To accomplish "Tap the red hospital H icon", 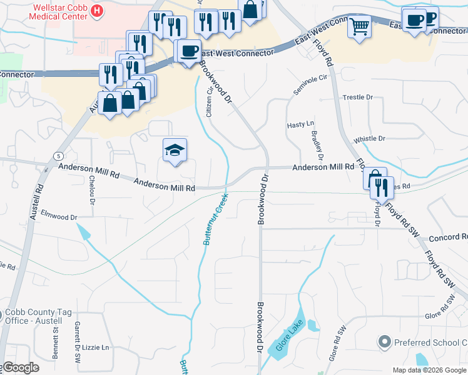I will tap(98, 11).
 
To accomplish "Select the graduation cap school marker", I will tap(175, 150).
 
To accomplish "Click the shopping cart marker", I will tap(360, 27).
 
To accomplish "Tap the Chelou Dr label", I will tap(91, 191).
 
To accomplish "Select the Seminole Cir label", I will tap(310, 84).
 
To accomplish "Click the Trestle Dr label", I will tap(358, 97).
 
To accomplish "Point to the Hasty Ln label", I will tap(300, 125).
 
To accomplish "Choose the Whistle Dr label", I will tap(369, 139).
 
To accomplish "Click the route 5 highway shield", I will tap(58, 155).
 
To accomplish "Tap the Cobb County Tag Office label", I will tap(36, 317).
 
